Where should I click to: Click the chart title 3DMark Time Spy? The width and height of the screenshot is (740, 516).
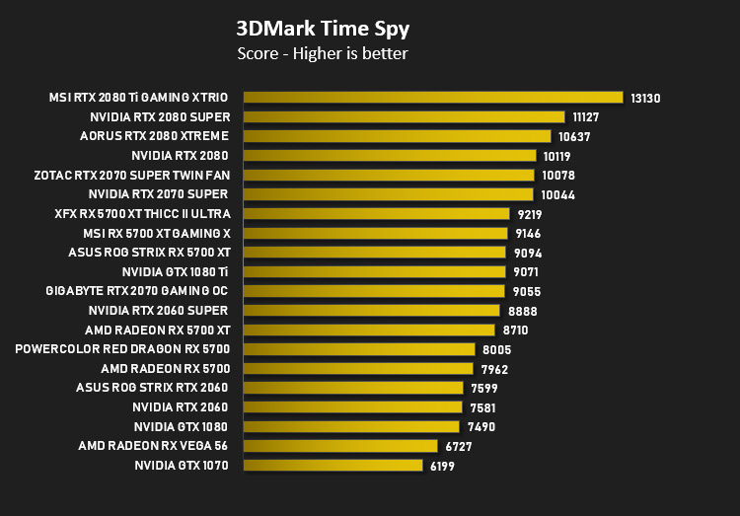[323, 29]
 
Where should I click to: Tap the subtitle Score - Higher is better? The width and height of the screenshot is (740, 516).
[323, 54]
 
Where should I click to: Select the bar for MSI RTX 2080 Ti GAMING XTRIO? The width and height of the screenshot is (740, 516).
[433, 98]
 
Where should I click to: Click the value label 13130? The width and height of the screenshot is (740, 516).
[645, 99]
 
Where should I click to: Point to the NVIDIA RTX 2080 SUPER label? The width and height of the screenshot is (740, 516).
[160, 117]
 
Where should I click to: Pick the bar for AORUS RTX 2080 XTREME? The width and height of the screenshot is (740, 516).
[398, 136]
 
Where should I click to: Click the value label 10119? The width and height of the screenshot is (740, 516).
[556, 156]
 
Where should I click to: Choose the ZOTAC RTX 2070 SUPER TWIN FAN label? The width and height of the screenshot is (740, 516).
[132, 176]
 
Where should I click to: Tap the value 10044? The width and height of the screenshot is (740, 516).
[557, 195]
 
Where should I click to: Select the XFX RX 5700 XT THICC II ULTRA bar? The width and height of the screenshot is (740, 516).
[377, 214]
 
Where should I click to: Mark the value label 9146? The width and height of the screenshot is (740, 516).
[528, 234]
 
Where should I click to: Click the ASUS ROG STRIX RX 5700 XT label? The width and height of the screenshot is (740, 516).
[150, 253]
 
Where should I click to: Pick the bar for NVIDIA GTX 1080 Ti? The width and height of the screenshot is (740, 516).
[375, 272]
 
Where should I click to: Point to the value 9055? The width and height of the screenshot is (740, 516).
[527, 292]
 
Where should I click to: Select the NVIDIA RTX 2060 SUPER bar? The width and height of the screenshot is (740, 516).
[372, 310]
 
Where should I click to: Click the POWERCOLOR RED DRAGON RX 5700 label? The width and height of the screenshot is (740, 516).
[122, 349]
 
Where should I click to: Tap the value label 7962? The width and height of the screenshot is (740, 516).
[494, 369]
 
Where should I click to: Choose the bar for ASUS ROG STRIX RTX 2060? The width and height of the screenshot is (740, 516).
[353, 388]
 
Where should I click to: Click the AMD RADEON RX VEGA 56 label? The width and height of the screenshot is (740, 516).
[153, 446]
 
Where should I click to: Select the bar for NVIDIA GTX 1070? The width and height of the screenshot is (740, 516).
[333, 465]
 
